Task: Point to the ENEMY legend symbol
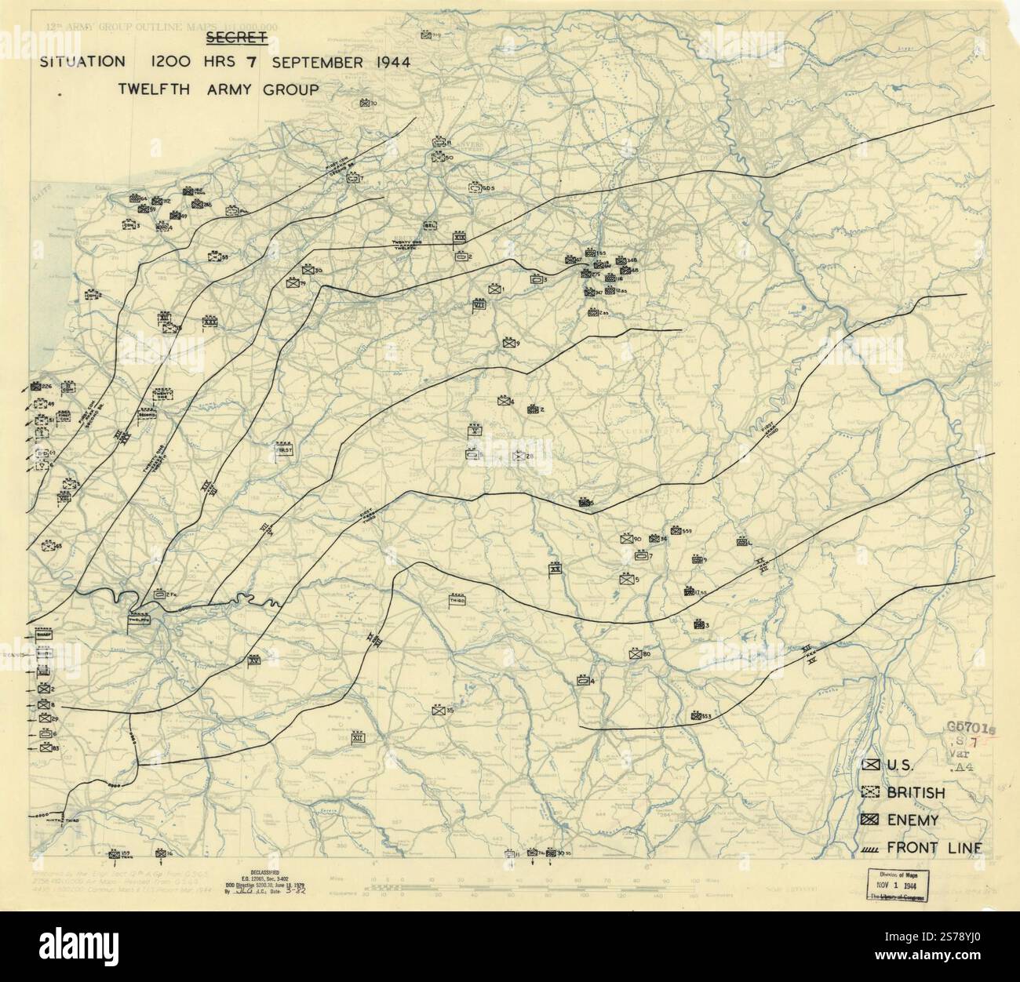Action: click(869, 820)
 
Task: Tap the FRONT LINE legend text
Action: click(934, 847)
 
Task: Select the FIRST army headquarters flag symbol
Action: click(284, 450)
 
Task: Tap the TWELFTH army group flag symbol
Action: click(142, 619)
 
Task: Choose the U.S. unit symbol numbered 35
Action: click(438, 711)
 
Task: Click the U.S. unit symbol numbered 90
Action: click(625, 539)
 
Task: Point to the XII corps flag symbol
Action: click(358, 736)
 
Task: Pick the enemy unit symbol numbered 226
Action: click(35, 387)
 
